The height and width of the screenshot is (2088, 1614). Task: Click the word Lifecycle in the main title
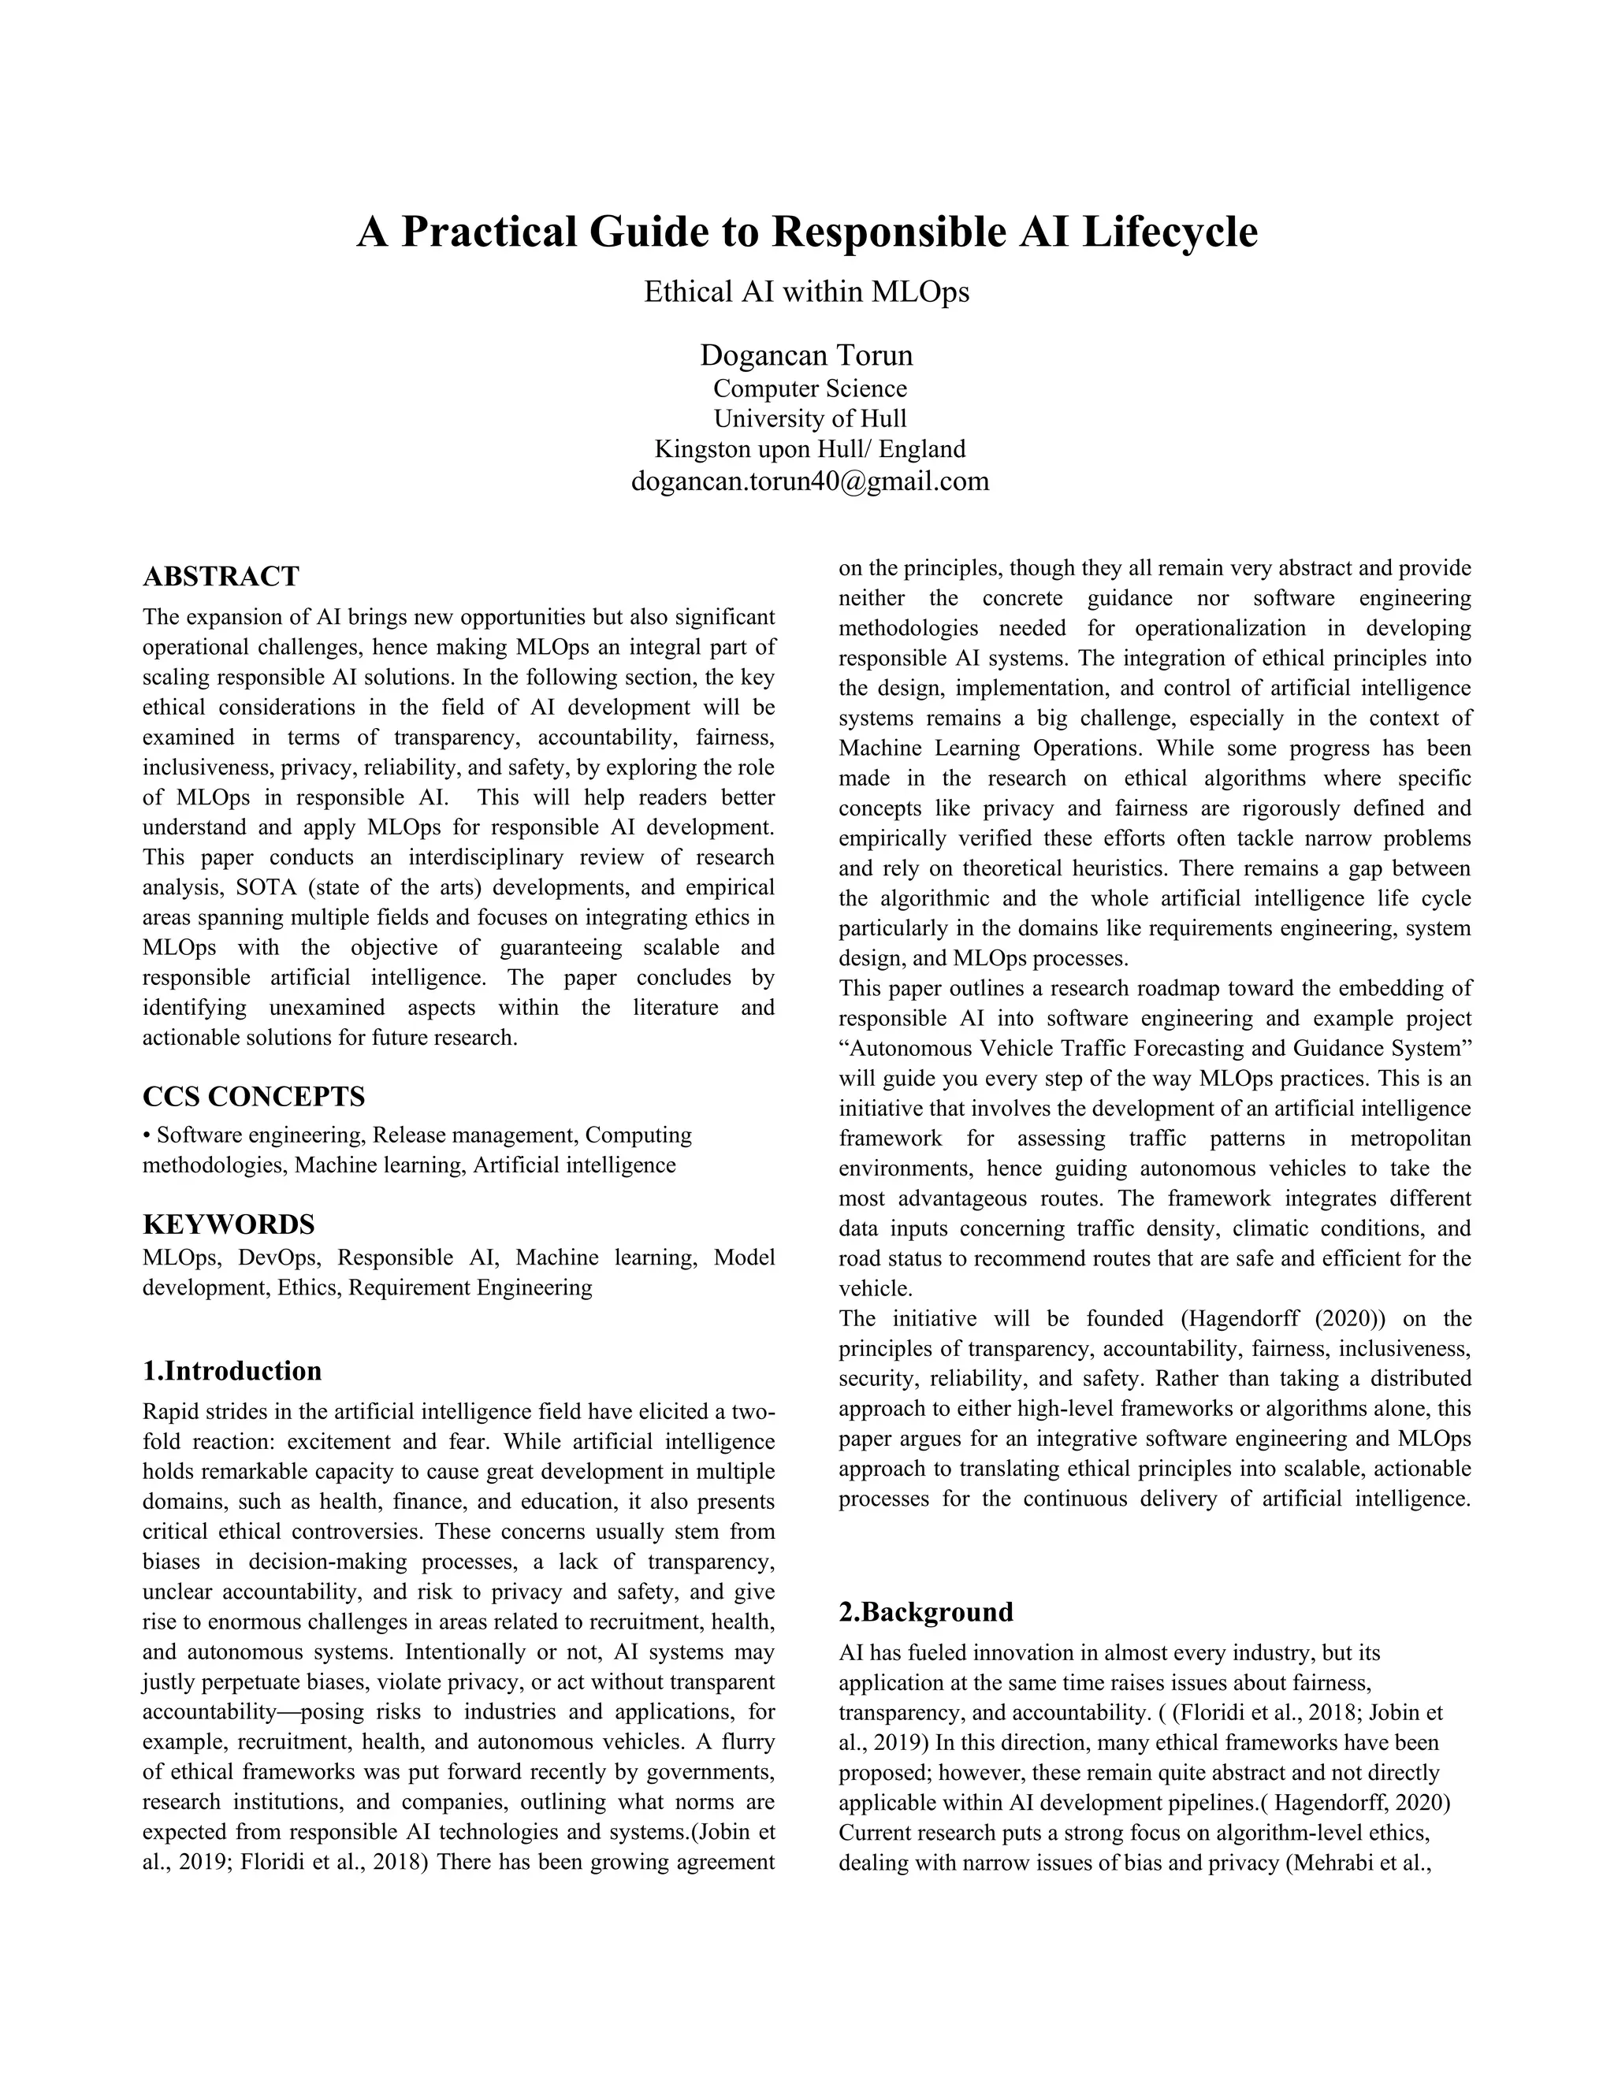point(1169,232)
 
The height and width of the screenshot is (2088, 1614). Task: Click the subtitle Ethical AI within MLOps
point(806,292)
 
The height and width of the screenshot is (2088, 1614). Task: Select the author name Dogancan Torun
point(806,355)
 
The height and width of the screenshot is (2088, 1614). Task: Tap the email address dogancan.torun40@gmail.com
point(810,480)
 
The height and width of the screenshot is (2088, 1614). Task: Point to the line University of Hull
point(810,418)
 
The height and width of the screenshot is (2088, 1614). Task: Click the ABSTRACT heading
point(221,577)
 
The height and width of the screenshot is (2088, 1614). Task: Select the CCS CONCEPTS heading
point(254,1096)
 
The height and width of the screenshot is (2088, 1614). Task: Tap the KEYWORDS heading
point(229,1224)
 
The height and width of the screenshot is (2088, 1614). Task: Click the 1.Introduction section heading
point(232,1371)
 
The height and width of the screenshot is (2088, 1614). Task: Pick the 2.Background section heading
point(925,1612)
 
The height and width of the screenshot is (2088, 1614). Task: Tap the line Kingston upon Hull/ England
point(810,449)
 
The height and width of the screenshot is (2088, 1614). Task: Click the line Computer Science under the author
point(810,389)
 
